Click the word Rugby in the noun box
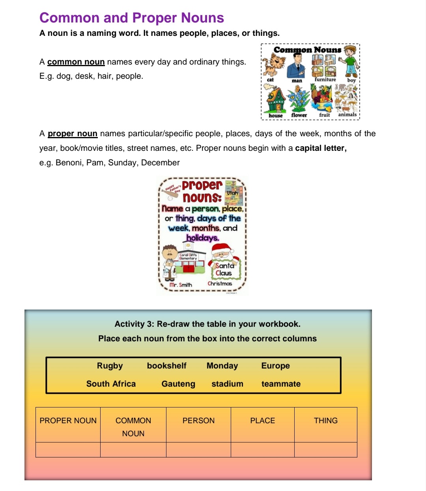click(x=110, y=366)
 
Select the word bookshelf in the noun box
click(x=166, y=366)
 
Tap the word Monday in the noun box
click(x=222, y=366)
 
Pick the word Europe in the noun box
click(x=275, y=366)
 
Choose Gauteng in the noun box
click(x=178, y=384)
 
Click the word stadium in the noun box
click(x=227, y=384)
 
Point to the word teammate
click(x=281, y=384)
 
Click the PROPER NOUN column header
click(x=68, y=421)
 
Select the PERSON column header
click(x=198, y=421)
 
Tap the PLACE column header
click(x=262, y=421)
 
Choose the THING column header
click(x=325, y=421)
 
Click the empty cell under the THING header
click(x=325, y=450)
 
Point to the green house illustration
click(x=276, y=99)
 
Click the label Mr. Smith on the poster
click(x=181, y=285)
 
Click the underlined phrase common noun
click(x=76, y=62)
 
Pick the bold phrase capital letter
click(x=321, y=148)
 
